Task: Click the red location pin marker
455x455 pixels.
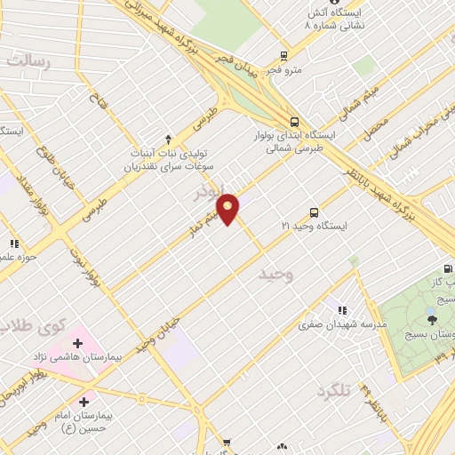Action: point(228,209)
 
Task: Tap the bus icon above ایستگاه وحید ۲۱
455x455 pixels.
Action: point(314,212)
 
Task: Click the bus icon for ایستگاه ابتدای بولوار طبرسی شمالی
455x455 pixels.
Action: point(293,123)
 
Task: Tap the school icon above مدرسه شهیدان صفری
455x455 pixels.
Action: point(340,310)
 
